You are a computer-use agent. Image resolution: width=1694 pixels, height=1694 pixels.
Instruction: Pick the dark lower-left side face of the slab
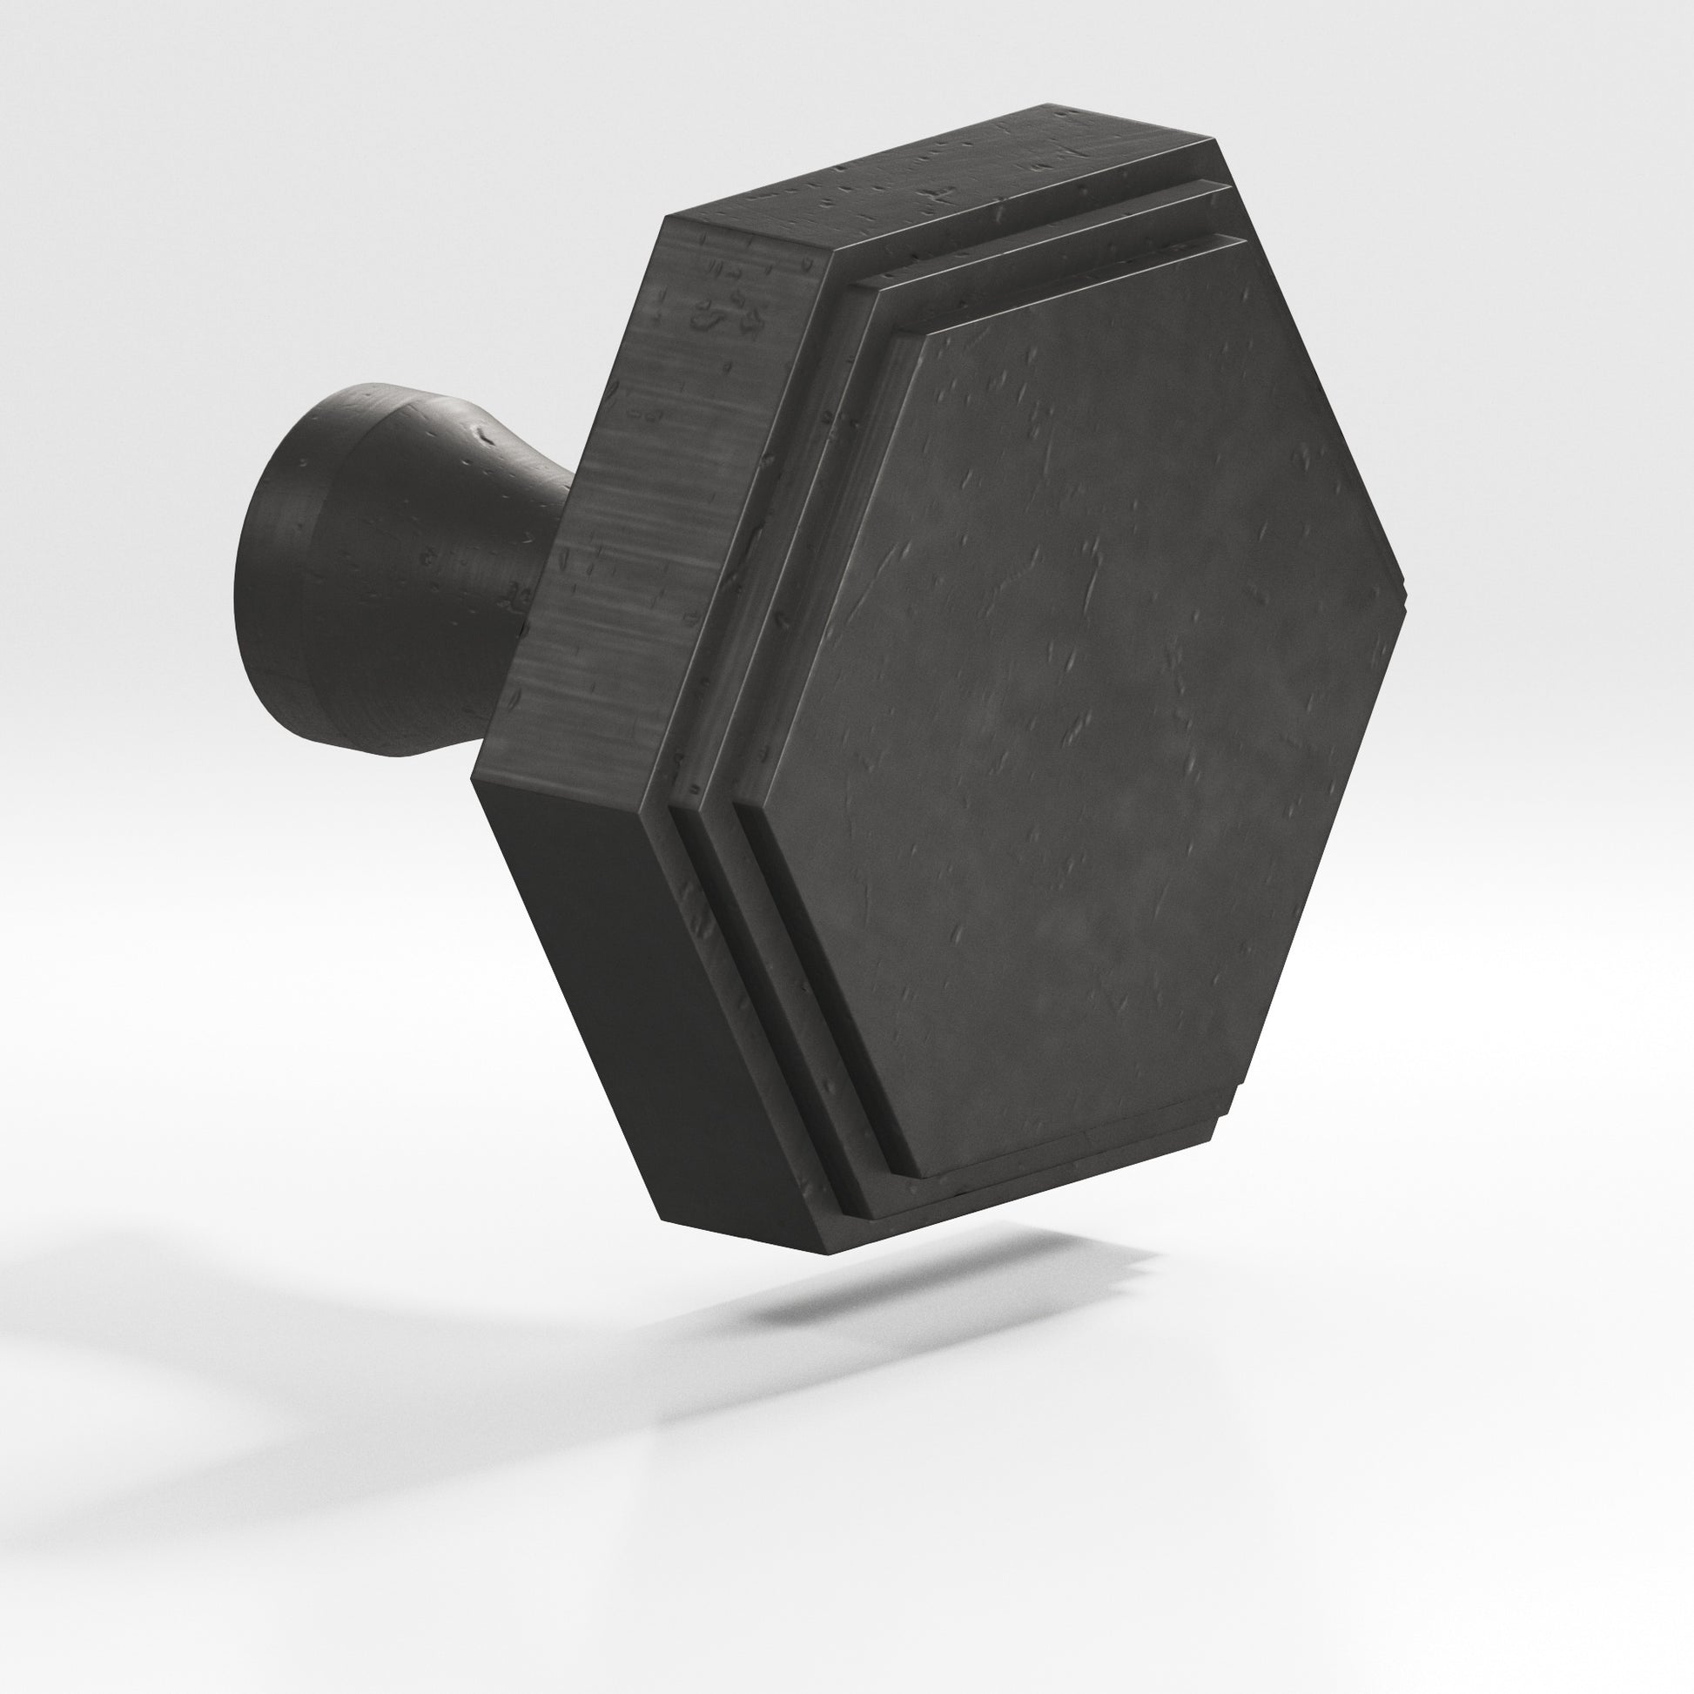click(614, 991)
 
